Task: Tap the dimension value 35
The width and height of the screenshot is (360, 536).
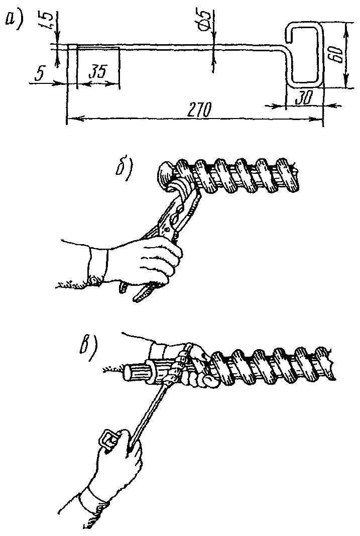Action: click(97, 73)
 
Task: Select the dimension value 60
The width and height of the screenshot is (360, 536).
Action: click(336, 54)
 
